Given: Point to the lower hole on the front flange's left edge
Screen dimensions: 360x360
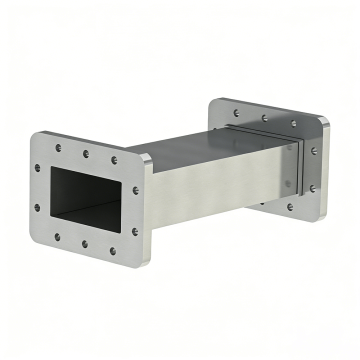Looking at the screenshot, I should tap(37, 208).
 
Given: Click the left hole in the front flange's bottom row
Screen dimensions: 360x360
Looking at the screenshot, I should tap(57, 237).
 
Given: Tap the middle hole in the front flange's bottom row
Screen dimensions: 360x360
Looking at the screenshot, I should tap(84, 244).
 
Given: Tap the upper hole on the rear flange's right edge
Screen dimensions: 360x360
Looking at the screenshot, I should tap(313, 151).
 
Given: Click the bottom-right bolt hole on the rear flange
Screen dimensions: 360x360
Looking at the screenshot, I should tap(290, 207).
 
